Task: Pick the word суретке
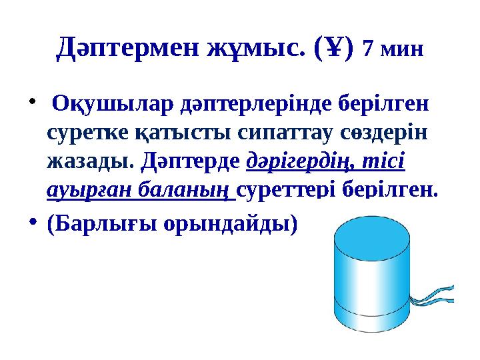coord(85,133)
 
